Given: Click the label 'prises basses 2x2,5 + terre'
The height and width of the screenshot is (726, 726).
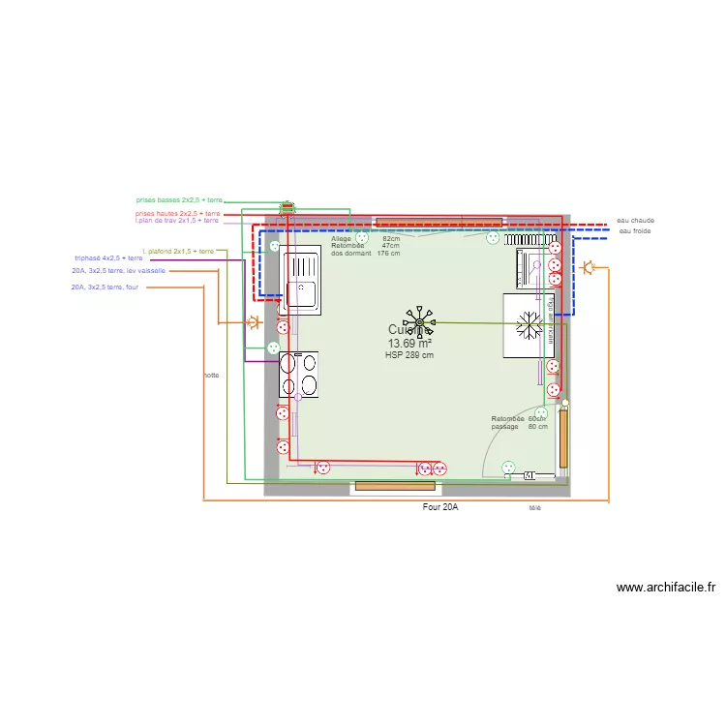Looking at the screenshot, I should coord(179,199).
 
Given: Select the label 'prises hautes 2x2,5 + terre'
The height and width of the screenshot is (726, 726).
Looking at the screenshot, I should coord(178,213).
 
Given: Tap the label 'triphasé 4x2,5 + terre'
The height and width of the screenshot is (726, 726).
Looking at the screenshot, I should coord(108,258).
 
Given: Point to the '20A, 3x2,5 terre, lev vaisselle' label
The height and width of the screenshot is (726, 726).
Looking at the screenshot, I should coord(117,271).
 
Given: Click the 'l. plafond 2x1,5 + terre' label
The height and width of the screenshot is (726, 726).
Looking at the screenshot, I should coord(177,251).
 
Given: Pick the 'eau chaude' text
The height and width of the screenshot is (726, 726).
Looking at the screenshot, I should coord(635,221).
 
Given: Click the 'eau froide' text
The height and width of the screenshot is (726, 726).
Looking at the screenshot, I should coord(635,230).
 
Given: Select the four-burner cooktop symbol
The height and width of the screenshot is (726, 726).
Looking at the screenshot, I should coord(298,375).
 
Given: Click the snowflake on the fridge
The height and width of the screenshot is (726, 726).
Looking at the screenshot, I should coord(529,325).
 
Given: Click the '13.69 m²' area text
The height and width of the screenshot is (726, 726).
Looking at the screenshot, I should coord(409,344).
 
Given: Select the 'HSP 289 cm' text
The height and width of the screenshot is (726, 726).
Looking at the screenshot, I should coord(409,355).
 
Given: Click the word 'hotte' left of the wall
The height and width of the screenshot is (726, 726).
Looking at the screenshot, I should coord(211,375).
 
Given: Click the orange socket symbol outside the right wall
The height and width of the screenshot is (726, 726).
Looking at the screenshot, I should coord(588,267).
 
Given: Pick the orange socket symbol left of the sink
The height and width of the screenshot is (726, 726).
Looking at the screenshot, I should coord(254,321).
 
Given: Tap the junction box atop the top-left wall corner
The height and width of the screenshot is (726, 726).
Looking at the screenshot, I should coord(287,207).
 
